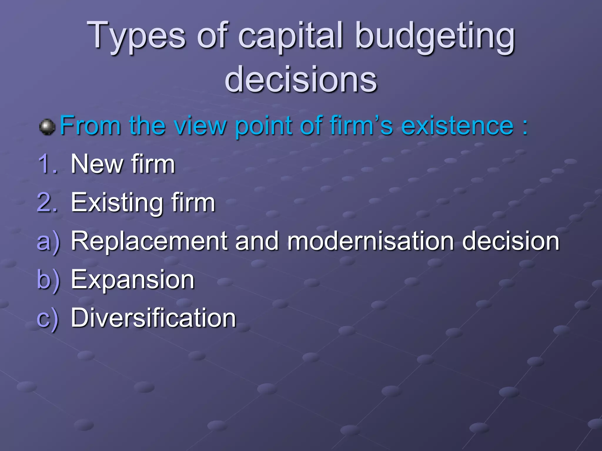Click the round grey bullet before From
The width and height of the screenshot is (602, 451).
[47, 127]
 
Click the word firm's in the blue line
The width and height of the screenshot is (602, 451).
[361, 126]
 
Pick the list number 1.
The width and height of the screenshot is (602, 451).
[47, 164]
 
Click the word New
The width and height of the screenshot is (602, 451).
[96, 164]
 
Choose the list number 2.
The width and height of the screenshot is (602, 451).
[47, 203]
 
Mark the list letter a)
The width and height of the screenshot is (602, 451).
[48, 242]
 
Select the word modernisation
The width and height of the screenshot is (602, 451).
[370, 241]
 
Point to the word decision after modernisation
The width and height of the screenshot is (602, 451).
[511, 241]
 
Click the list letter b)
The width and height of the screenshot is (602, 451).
[48, 280]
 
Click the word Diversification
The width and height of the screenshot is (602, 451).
[153, 318]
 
